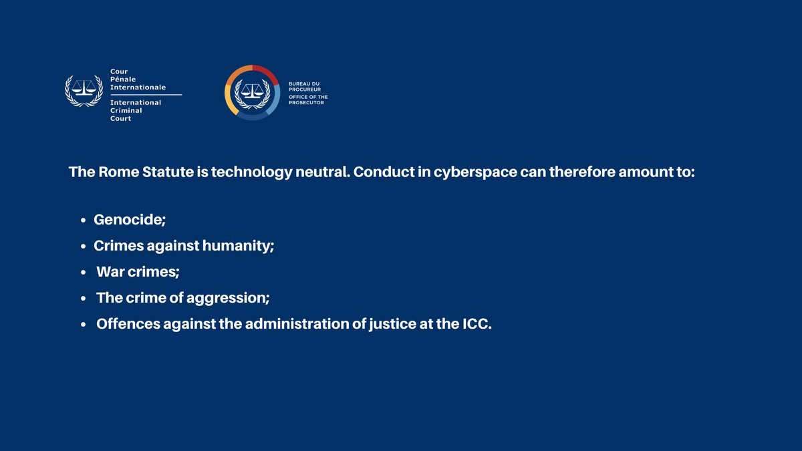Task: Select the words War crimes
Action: pyautogui.click(x=138, y=272)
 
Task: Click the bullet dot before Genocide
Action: pyautogui.click(x=83, y=220)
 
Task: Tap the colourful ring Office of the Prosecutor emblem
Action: pyautogui.click(x=252, y=92)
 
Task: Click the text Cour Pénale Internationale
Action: pyautogui.click(x=138, y=79)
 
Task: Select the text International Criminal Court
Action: pyautogui.click(x=136, y=110)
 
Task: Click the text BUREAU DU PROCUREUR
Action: pyautogui.click(x=304, y=88)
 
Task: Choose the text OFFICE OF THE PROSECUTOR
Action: pyautogui.click(x=307, y=100)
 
